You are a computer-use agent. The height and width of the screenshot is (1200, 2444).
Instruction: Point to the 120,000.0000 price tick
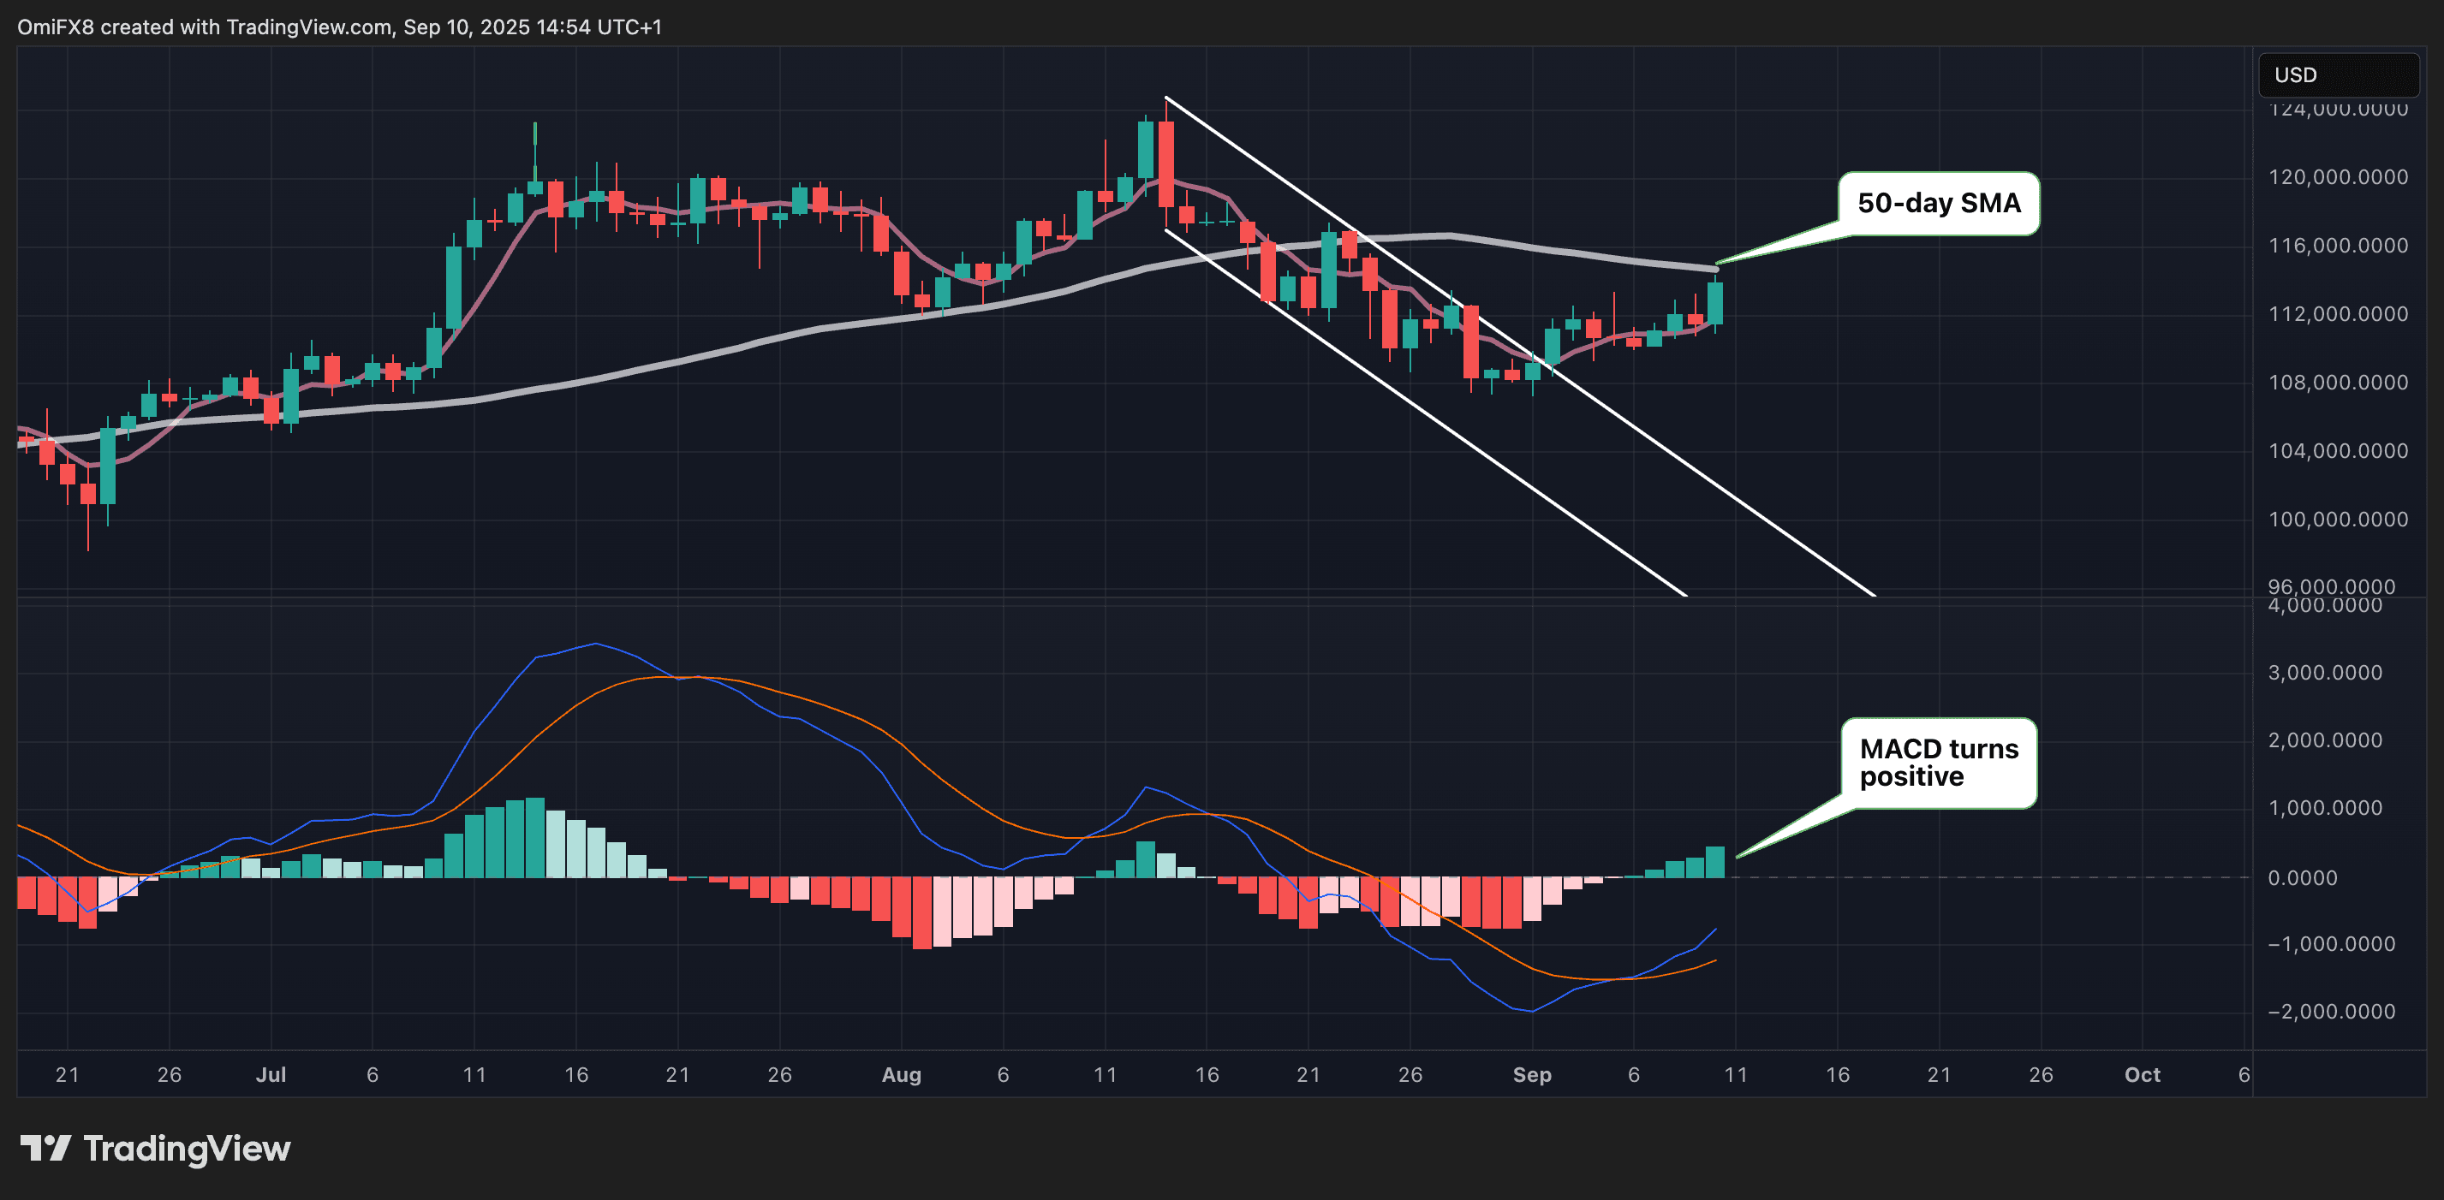click(2337, 177)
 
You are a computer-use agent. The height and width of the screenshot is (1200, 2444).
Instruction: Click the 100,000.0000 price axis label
click(2337, 520)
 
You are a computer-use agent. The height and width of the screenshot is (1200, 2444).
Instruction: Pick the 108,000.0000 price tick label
click(2337, 383)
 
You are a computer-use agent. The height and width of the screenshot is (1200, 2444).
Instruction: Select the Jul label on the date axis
click(271, 1075)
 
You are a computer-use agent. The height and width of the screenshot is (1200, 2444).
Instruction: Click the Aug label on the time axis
click(902, 1075)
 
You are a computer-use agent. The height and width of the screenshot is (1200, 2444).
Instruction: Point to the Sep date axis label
click(1531, 1075)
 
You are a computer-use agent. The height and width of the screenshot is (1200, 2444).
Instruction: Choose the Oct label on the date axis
click(2143, 1075)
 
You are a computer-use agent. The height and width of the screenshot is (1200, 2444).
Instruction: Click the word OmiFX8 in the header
click(55, 27)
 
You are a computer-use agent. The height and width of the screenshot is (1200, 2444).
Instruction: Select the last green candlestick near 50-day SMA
click(1715, 303)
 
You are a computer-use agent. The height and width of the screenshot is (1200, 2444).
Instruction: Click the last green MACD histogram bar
click(1715, 861)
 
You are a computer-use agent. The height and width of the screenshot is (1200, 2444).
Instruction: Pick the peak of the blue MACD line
click(596, 645)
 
